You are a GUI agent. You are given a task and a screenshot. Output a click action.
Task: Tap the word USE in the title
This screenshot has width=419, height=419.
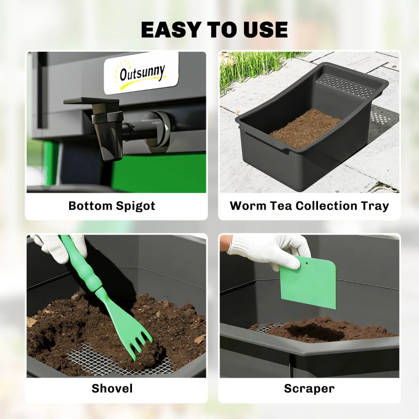pos(266,29)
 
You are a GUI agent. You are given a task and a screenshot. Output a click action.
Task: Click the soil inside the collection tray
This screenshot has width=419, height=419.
pos(305,128)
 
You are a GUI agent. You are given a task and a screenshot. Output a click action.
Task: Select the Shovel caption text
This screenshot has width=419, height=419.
pos(112,388)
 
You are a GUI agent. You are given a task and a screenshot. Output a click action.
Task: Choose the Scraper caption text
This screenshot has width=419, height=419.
pos(309,388)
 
